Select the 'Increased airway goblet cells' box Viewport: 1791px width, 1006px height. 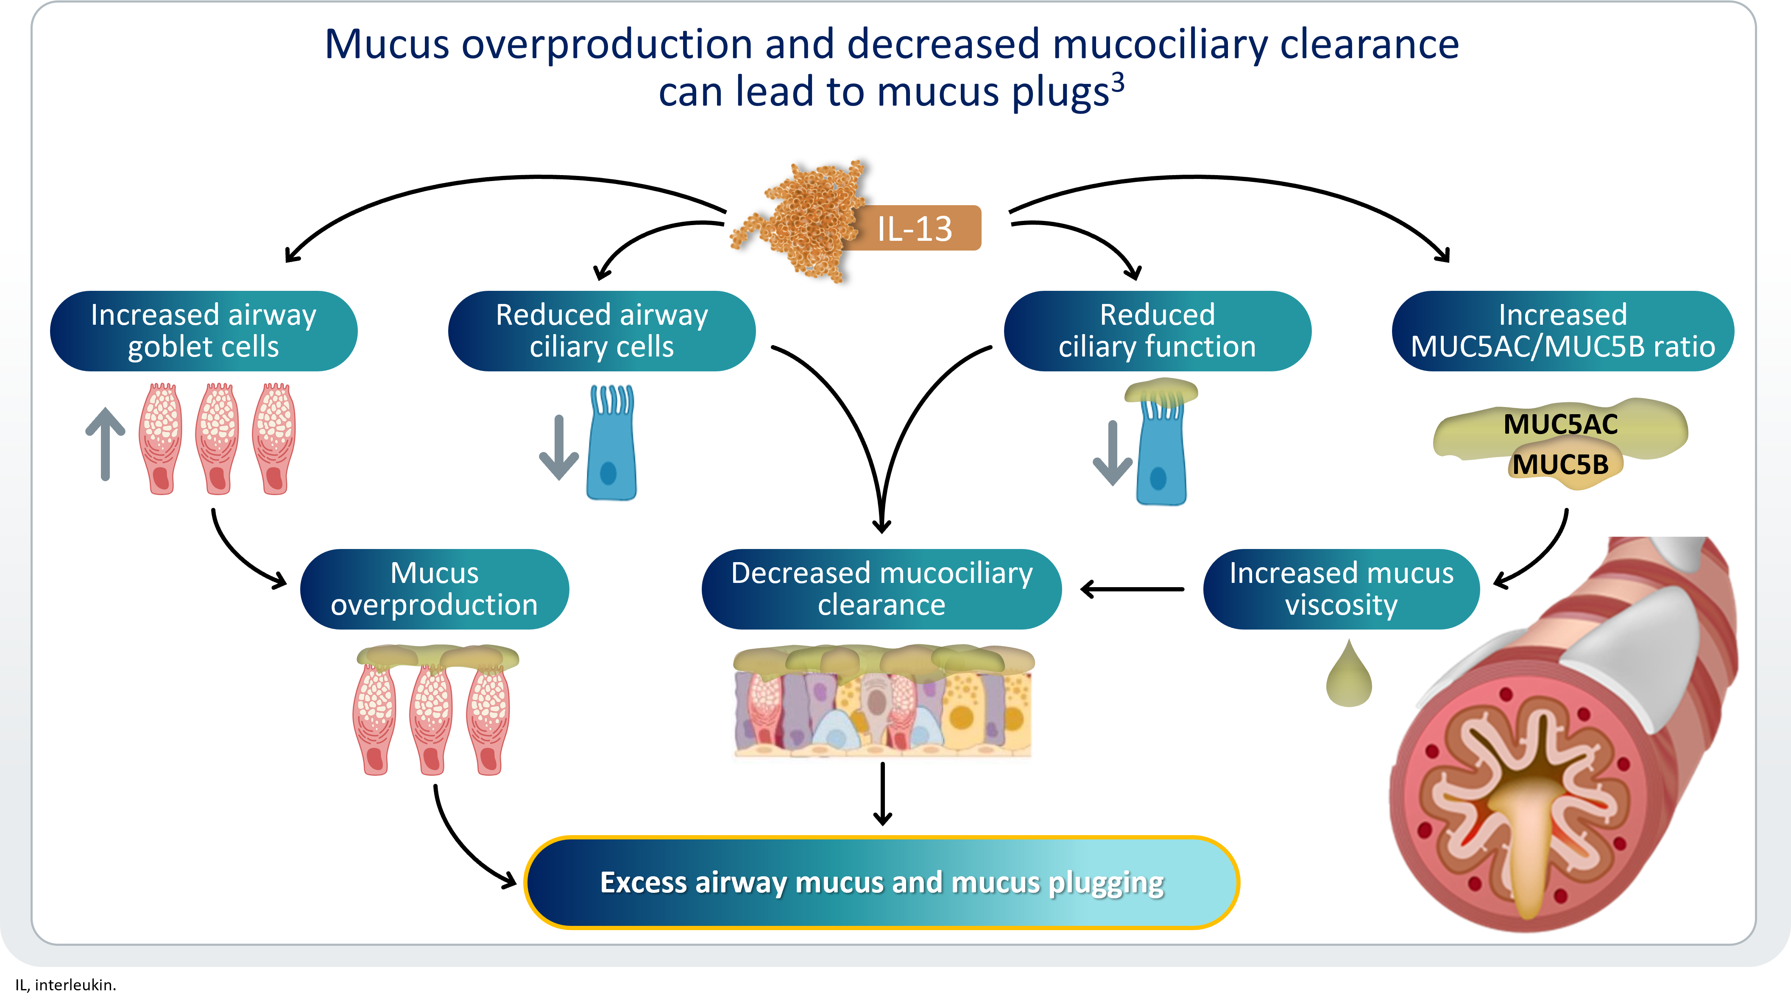click(x=204, y=331)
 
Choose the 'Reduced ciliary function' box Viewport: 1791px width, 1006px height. click(x=1157, y=331)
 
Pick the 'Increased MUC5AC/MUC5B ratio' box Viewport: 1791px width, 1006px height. click(x=1562, y=331)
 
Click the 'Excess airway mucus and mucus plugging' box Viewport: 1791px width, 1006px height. click(x=882, y=882)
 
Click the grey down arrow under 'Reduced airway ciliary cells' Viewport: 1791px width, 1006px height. click(x=558, y=449)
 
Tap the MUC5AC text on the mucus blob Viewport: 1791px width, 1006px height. click(x=1560, y=424)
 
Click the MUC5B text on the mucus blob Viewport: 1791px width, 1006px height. click(x=1560, y=464)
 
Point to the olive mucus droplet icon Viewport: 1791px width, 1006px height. click(x=1349, y=678)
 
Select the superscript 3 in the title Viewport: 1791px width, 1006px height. click(x=1117, y=84)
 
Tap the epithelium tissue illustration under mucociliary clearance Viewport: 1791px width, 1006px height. click(x=883, y=702)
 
